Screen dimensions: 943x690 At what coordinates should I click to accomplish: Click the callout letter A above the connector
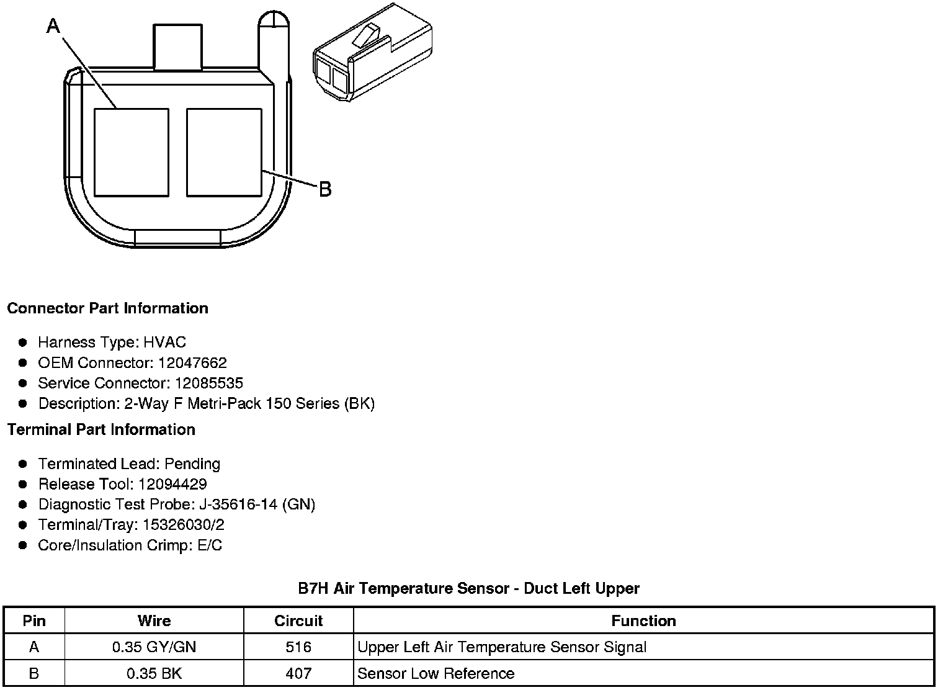point(53,26)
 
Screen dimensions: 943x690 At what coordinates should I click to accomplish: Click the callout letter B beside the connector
point(326,189)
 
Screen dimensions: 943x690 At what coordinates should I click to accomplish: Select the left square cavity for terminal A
point(132,153)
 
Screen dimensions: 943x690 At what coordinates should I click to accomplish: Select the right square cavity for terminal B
point(224,153)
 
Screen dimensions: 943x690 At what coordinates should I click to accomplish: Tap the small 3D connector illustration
point(373,52)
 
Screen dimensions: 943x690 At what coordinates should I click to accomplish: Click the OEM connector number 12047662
point(192,362)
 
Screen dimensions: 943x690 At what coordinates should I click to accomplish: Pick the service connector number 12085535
point(209,383)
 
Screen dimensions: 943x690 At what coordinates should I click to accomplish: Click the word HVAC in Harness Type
point(164,343)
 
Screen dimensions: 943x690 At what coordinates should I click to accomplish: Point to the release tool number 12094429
point(172,484)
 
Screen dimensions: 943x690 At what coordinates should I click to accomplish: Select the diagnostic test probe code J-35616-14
point(235,504)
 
